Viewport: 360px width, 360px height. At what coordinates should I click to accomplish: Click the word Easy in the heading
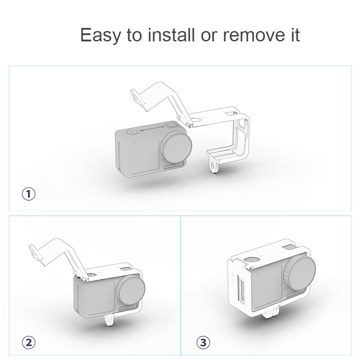[x=100, y=35]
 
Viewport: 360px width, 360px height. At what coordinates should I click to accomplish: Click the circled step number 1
[x=29, y=194]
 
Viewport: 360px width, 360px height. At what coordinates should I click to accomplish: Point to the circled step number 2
[x=29, y=342]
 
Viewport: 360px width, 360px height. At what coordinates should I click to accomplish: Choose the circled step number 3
[x=203, y=342]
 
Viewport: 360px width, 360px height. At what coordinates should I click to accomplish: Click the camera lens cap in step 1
[x=177, y=148]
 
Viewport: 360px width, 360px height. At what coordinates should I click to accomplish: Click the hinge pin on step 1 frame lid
[x=190, y=126]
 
